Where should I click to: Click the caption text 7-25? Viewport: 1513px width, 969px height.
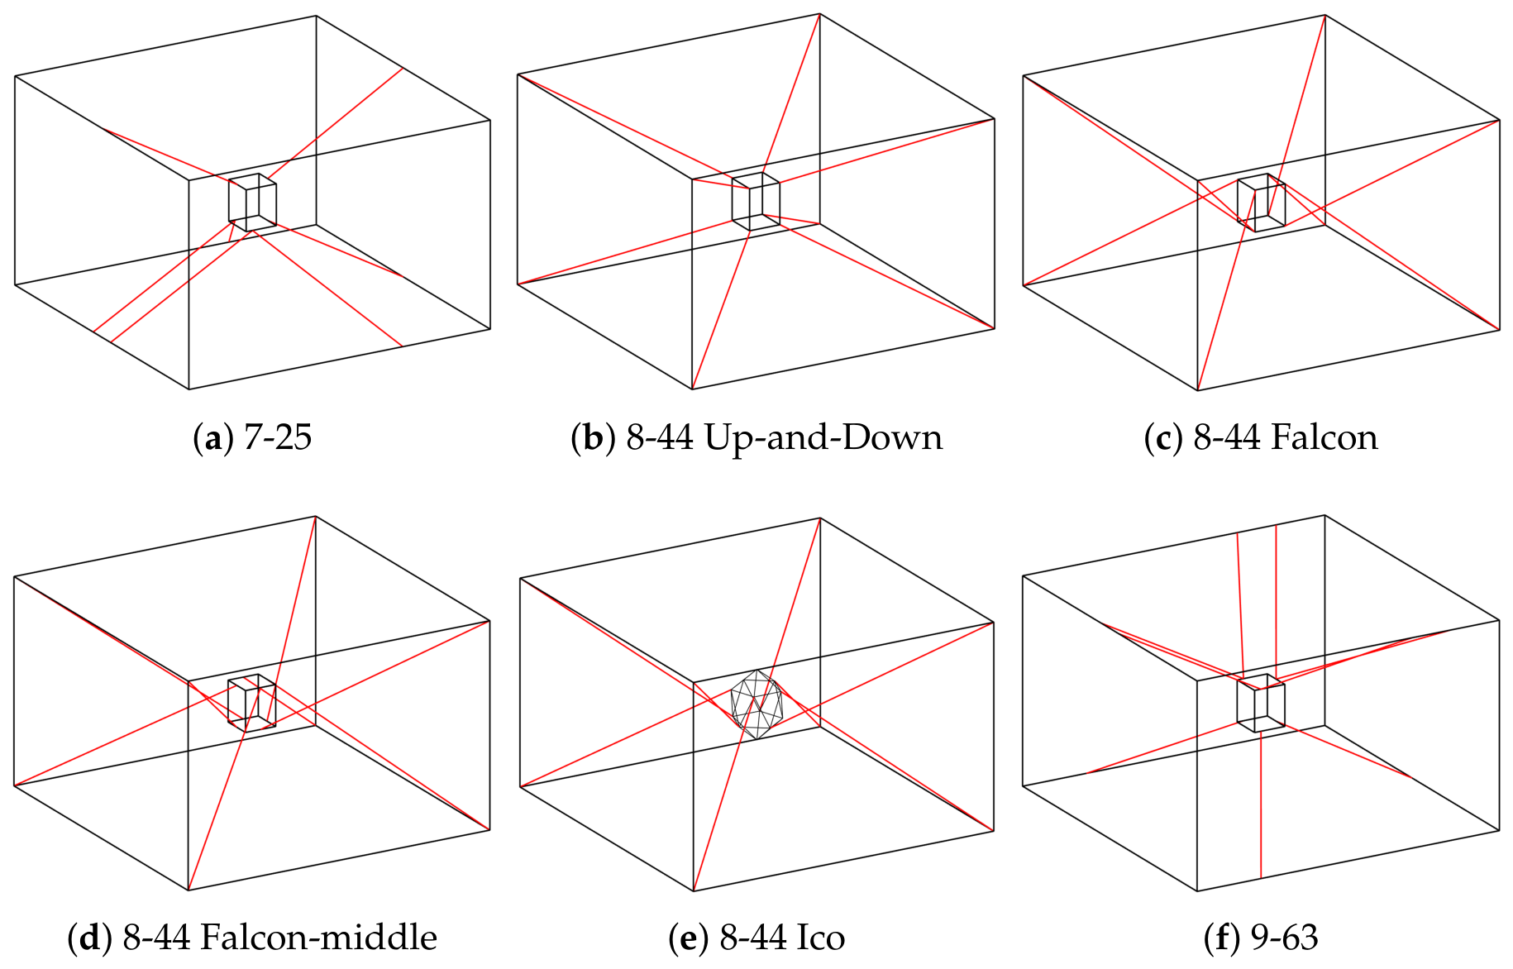(278, 437)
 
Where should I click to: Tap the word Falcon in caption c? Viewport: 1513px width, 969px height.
(1324, 437)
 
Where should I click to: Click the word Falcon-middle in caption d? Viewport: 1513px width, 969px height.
(319, 938)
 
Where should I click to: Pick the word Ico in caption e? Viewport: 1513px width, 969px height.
(820, 938)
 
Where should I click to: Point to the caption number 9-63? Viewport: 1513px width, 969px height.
(1284, 938)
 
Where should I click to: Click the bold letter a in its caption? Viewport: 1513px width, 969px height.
(213, 439)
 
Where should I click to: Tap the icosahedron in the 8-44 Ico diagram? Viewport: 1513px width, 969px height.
(756, 704)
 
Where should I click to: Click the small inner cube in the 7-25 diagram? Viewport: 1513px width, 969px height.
(252, 203)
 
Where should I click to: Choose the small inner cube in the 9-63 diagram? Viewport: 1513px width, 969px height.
(1261, 703)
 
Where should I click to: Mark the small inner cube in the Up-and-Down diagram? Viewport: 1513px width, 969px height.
(756, 202)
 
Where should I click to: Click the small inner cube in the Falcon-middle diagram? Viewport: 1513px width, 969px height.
(251, 703)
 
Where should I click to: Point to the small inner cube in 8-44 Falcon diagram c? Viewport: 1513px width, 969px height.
(1262, 203)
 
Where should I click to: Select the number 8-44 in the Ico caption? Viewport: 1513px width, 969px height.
(752, 938)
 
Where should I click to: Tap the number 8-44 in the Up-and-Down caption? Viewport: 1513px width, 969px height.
(660, 437)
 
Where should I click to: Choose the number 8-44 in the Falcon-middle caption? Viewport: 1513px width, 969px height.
(157, 938)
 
